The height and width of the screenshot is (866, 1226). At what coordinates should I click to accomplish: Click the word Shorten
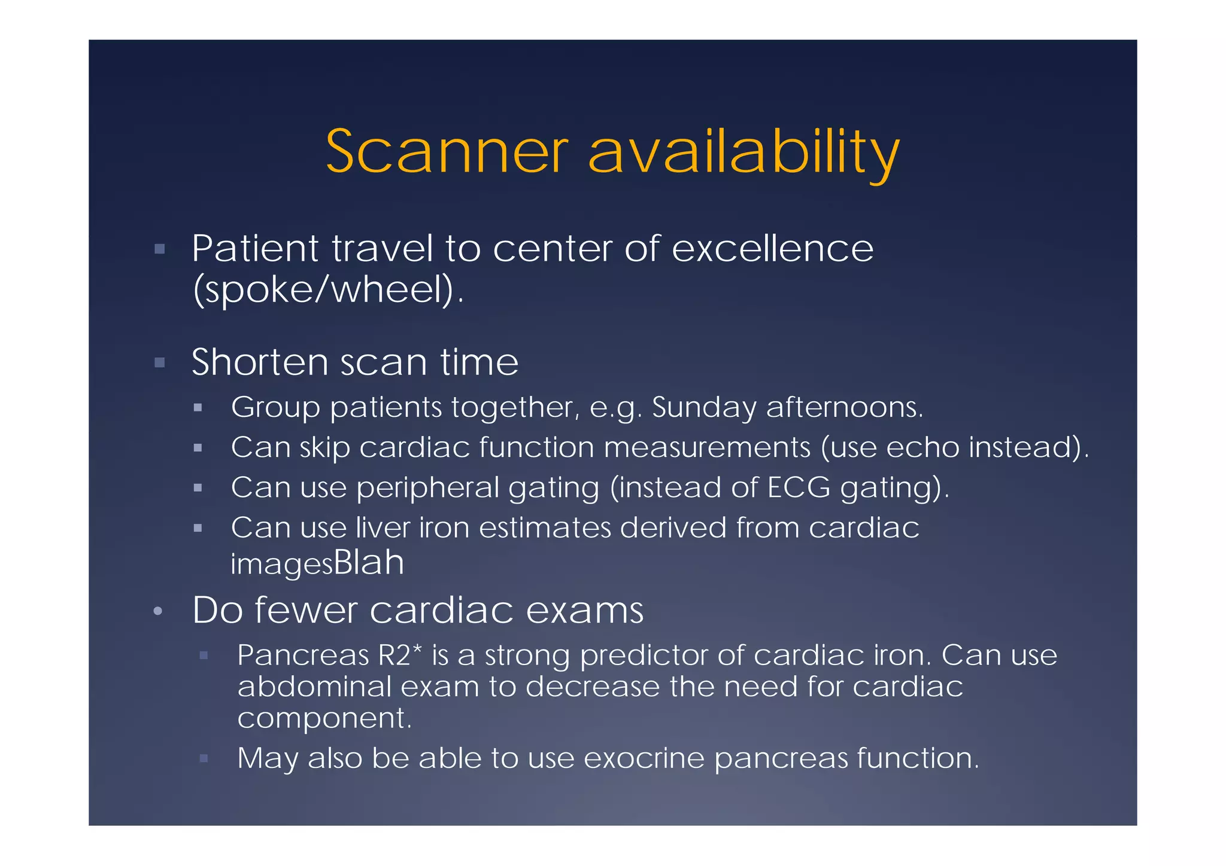tap(260, 362)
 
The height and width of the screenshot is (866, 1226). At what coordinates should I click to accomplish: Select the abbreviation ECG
tap(799, 487)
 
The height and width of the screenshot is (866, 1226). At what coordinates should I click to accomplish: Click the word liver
tap(383, 527)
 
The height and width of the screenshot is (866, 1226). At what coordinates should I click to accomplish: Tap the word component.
tap(324, 718)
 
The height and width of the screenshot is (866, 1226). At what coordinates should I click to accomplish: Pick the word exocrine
tap(644, 758)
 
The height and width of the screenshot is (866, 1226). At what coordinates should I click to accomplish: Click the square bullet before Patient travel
tap(159, 249)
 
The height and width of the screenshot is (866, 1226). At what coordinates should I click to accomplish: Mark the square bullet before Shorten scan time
tap(159, 363)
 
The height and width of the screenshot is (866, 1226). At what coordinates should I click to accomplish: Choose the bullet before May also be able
tap(204, 758)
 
